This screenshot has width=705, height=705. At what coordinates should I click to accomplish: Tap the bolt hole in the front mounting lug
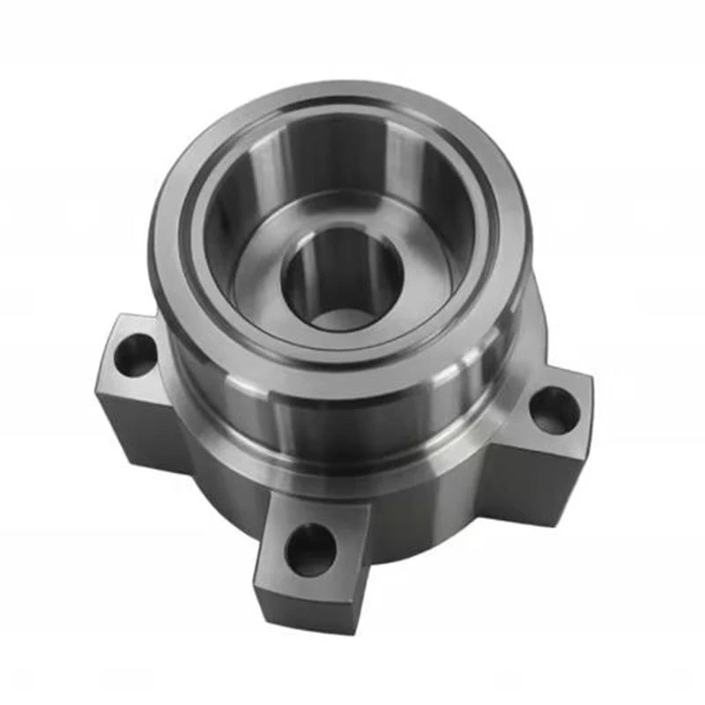pyautogui.click(x=310, y=549)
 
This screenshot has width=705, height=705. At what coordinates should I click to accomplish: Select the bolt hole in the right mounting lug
pyautogui.click(x=555, y=411)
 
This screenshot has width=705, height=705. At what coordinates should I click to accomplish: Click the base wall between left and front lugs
pyautogui.click(x=220, y=493)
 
